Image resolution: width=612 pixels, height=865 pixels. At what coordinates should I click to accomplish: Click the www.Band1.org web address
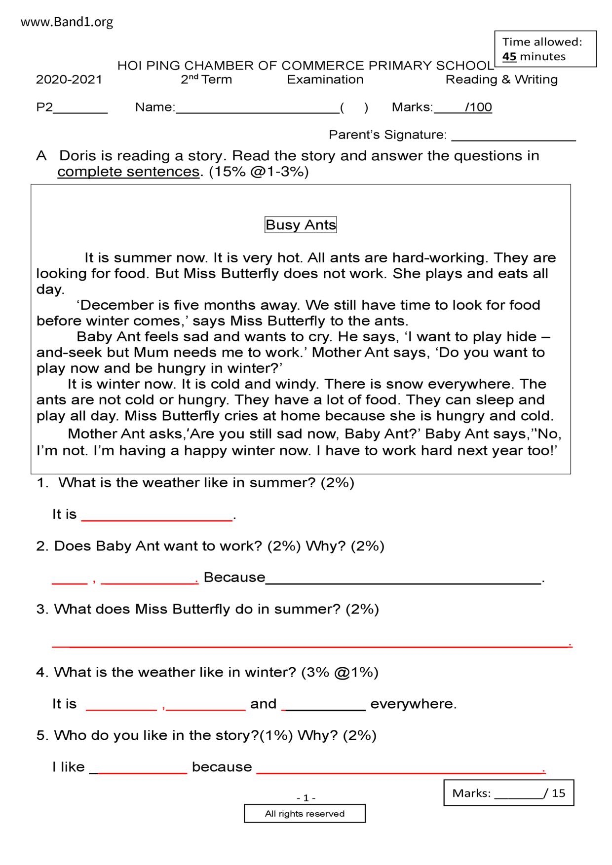[67, 22]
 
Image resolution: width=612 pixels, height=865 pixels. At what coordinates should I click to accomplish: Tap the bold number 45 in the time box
[509, 57]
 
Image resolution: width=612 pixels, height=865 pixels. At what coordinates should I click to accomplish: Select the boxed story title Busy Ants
[301, 225]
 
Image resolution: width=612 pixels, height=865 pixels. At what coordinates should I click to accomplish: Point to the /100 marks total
[478, 108]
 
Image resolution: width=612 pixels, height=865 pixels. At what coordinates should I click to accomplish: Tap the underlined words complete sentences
[128, 172]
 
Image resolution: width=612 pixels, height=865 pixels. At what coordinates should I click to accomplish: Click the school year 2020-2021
[69, 80]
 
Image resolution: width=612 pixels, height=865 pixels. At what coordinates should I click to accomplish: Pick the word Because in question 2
[234, 577]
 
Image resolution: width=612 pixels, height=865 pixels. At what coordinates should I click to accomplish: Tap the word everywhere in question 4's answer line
[413, 704]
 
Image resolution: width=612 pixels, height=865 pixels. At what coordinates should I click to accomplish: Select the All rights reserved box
[305, 814]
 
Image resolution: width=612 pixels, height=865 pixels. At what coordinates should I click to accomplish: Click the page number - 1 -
[306, 798]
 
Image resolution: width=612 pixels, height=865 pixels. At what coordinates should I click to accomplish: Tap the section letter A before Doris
[41, 156]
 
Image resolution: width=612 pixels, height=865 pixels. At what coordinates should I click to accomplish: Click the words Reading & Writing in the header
[501, 80]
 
